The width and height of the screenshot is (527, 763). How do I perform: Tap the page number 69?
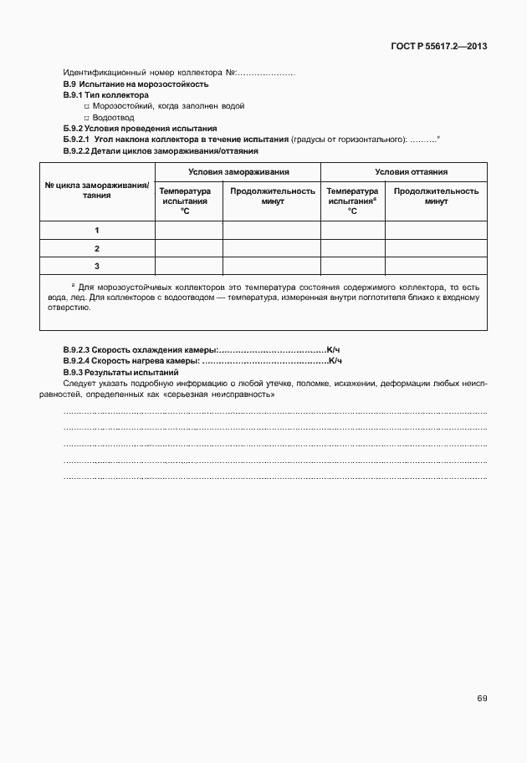[x=482, y=698]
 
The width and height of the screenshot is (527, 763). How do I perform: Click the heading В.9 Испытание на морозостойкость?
[x=136, y=84]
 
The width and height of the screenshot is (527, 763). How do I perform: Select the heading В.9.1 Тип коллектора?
[x=105, y=95]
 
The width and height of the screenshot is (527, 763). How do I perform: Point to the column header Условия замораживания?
[x=238, y=171]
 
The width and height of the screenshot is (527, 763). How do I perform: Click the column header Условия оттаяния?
[x=403, y=171]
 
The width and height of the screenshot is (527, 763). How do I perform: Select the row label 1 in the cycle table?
[x=97, y=230]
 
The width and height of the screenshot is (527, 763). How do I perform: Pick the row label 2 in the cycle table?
[x=97, y=248]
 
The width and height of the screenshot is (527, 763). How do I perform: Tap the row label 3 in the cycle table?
[x=97, y=266]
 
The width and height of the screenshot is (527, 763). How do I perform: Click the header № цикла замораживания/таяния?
[x=97, y=190]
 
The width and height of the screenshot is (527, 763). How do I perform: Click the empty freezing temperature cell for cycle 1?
[x=188, y=230]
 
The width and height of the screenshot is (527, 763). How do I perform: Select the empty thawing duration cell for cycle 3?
[x=435, y=266]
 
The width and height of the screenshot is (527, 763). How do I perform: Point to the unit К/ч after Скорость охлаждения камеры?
[x=334, y=348]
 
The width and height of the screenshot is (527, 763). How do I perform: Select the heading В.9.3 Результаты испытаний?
[x=120, y=371]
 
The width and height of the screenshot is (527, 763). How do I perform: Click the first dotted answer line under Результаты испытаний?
[x=275, y=413]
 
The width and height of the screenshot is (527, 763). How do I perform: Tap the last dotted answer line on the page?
[x=275, y=476]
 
